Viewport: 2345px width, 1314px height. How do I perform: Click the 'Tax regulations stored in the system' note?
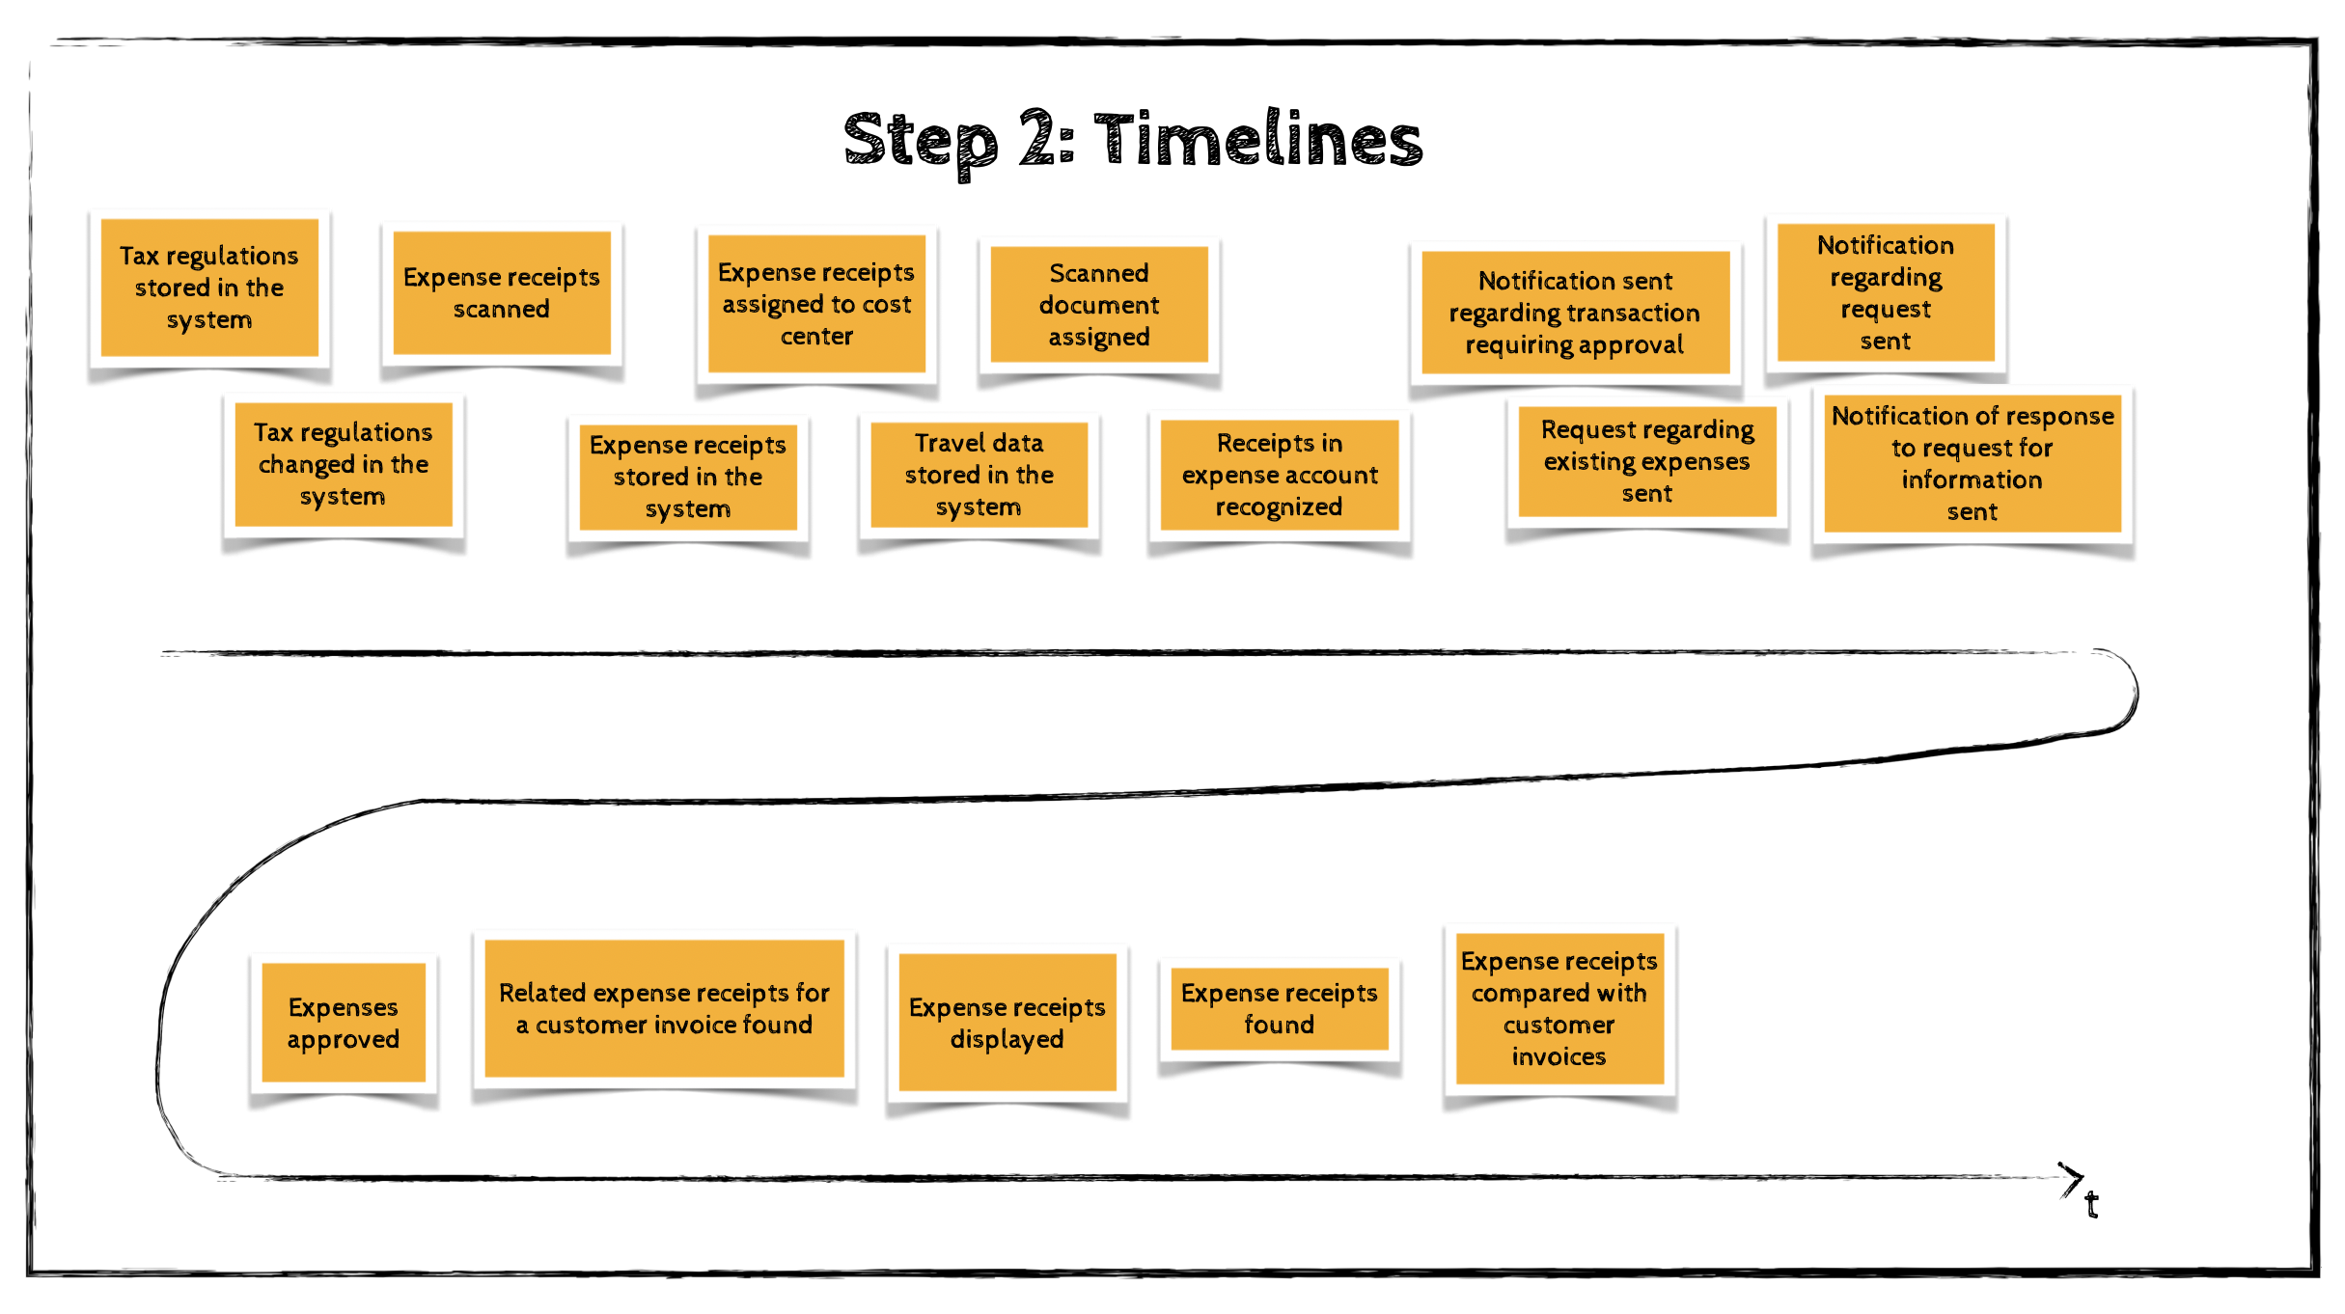pos(209,287)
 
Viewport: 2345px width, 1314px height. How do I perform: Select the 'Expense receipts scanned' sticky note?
pos(502,292)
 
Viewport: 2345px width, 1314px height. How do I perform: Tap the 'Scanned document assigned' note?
pos(1099,305)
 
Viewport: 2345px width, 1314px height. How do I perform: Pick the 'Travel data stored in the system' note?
pos(979,475)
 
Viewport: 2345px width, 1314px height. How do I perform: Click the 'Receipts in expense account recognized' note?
pos(1280,475)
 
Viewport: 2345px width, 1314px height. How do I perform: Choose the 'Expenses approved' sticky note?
pos(344,1023)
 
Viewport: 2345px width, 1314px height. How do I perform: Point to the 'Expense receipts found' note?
pos(1280,1008)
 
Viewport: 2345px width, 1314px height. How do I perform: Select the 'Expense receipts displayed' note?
pos(1007,1023)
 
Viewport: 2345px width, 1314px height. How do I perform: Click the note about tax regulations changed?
pos(344,464)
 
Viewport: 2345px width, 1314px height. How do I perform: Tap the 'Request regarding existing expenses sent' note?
pos(1647,461)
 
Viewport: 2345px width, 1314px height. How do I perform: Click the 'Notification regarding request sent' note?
pos(1886,292)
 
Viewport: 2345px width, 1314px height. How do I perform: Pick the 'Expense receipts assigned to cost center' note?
pos(816,304)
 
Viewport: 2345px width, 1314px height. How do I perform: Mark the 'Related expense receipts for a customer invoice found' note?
pos(664,1008)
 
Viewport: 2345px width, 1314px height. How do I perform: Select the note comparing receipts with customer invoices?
pos(1559,1008)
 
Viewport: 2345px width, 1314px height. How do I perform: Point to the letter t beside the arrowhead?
pos(2091,1205)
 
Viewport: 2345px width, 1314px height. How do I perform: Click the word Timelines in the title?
pos(1257,140)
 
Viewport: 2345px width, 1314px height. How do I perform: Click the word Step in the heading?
pos(921,141)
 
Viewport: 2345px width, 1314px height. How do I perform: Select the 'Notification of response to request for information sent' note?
pos(1973,463)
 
